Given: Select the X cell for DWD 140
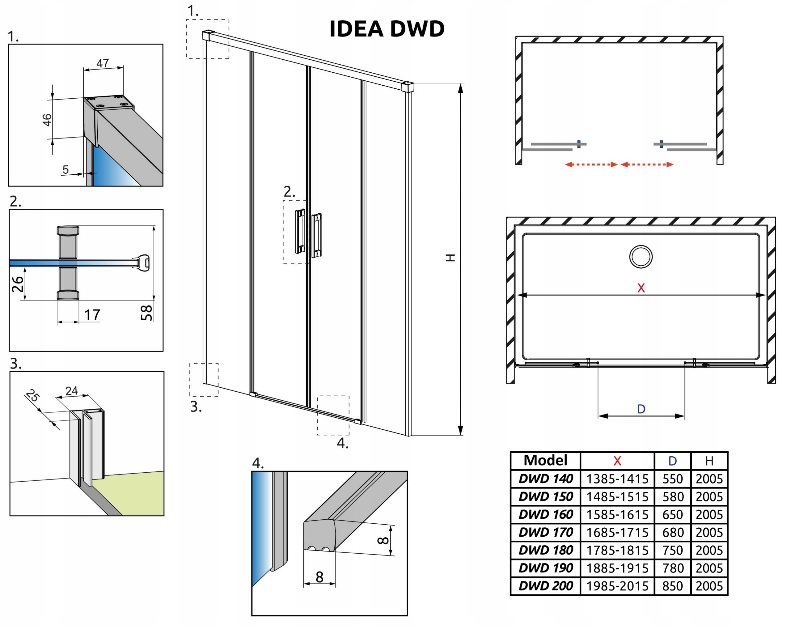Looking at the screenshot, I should coord(617,479).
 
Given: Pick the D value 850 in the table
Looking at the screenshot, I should coord(672,586).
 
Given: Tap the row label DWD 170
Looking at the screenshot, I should coord(546,532).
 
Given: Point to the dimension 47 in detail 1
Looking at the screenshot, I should coord(103,63).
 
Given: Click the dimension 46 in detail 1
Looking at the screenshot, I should coord(47,120).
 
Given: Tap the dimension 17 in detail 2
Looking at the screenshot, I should coord(92,315).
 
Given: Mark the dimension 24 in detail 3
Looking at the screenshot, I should coord(71,391).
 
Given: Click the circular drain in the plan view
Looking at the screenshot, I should coord(641,257).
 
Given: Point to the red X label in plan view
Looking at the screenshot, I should coord(641,288).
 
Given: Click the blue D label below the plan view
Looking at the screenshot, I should coord(641,409).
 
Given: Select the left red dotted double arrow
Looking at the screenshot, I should coord(591,164).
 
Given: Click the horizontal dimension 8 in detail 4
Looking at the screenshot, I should coord(319,577).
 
